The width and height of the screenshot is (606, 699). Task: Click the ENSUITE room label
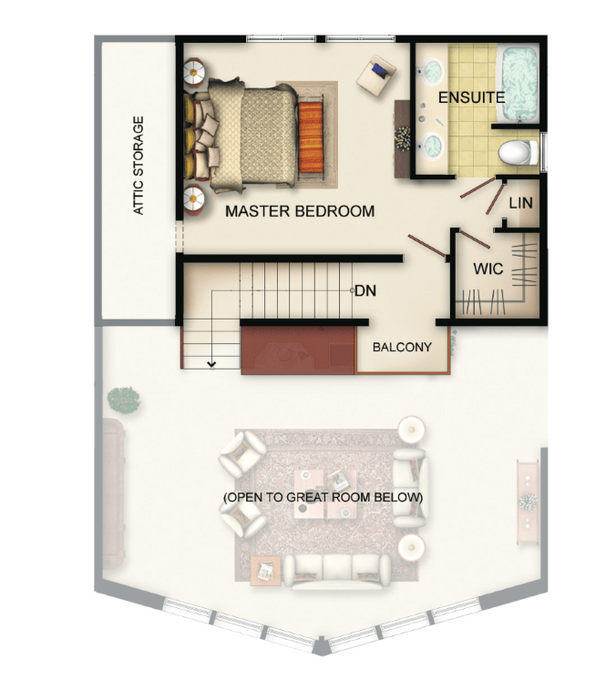pyautogui.click(x=471, y=97)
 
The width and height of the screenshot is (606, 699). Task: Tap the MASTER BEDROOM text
pyautogui.click(x=300, y=211)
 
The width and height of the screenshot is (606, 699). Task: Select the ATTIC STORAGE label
pyautogui.click(x=139, y=166)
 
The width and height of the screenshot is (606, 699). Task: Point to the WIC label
pyautogui.click(x=488, y=268)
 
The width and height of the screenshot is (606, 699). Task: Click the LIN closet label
pyautogui.click(x=520, y=203)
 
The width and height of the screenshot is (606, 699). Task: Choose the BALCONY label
pyautogui.click(x=402, y=347)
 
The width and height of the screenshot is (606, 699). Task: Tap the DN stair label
pyautogui.click(x=365, y=290)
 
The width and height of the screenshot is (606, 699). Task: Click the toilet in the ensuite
pyautogui.click(x=519, y=152)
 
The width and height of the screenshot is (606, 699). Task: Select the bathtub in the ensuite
pyautogui.click(x=520, y=85)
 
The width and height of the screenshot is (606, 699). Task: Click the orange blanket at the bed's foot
pyautogui.click(x=311, y=137)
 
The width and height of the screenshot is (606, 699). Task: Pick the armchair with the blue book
pyautogui.click(x=376, y=75)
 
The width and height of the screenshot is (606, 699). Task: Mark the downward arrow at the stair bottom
pyautogui.click(x=212, y=364)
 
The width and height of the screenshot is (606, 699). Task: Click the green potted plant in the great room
pyautogui.click(x=124, y=400)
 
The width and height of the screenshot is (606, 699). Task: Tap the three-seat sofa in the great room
pyautogui.click(x=337, y=572)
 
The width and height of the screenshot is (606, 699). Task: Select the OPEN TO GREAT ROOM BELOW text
pyautogui.click(x=324, y=497)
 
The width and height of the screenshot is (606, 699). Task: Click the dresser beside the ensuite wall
pyautogui.click(x=402, y=139)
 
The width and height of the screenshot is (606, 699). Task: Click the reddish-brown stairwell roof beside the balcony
pyautogui.click(x=298, y=349)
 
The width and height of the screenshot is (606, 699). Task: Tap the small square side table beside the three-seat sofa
pyautogui.click(x=266, y=571)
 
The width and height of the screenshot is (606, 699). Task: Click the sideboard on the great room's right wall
pyautogui.click(x=529, y=501)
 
